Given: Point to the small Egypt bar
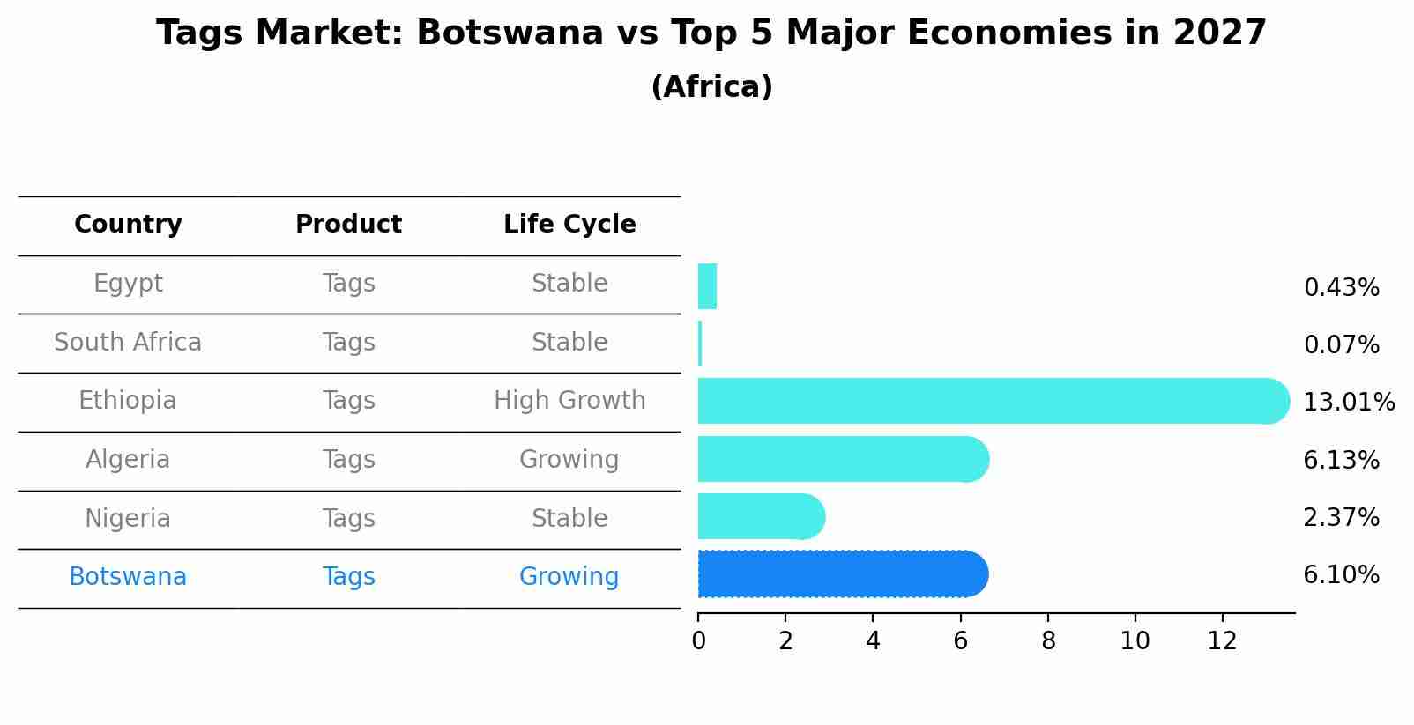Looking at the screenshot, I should tap(707, 286).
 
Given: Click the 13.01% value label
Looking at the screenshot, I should tap(1348, 403).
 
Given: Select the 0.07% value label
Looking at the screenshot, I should tap(1341, 345).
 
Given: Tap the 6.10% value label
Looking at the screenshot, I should tap(1341, 575).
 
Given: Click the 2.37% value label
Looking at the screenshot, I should tap(1341, 518).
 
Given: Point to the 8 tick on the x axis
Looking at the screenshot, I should tap(1048, 641).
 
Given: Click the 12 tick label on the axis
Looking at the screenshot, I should tap(1222, 641).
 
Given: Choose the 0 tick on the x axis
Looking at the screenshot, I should tap(698, 641).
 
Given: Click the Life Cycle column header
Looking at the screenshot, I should tap(569, 225).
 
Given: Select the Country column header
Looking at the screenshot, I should tap(128, 225).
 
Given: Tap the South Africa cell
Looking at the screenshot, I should tap(128, 343).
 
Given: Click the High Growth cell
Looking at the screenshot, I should tap(569, 401).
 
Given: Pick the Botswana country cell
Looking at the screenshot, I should tap(128, 577).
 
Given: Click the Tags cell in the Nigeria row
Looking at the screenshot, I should tap(348, 519).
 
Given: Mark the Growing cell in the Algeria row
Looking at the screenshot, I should tap(569, 460).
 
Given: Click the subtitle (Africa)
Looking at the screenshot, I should tap(711, 87).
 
